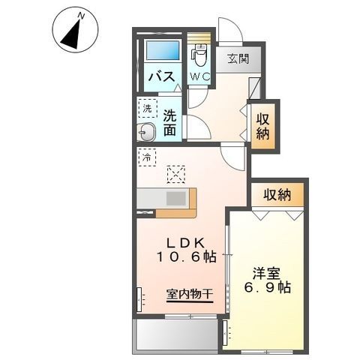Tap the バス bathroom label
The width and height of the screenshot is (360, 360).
pyautogui.click(x=160, y=76)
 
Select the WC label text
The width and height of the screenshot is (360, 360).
pyautogui.click(x=199, y=76)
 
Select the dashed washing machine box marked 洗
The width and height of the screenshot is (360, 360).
pyautogui.click(x=148, y=109)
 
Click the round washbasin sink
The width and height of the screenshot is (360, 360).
pyautogui.click(x=147, y=133)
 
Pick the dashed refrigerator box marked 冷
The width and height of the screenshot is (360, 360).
pyautogui.click(x=148, y=158)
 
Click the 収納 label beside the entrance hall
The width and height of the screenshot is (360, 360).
pyautogui.click(x=262, y=125)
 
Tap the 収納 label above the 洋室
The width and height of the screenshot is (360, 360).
pyautogui.click(x=277, y=195)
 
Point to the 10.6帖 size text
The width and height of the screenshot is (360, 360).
pyautogui.click(x=187, y=256)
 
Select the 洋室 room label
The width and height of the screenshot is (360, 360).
pyautogui.click(x=262, y=271)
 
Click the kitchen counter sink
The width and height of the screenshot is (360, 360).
pyautogui.click(x=176, y=199)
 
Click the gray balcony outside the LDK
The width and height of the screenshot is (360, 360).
pyautogui.click(x=177, y=334)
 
